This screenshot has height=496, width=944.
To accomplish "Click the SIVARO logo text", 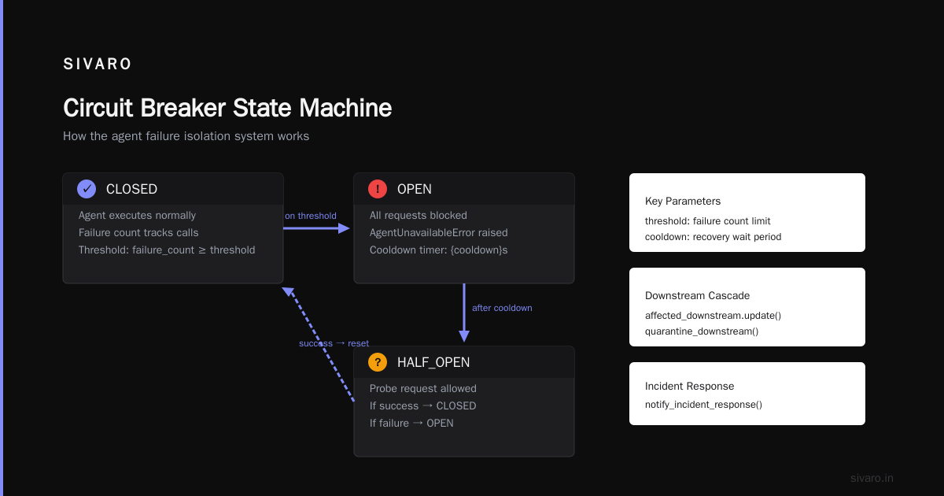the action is point(98,64).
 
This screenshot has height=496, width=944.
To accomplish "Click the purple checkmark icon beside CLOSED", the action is point(87,189).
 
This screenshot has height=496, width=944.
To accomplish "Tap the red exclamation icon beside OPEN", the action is point(378,189).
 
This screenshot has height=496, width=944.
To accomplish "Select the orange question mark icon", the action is point(378,362).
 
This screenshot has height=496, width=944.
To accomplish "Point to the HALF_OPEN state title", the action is point(433,362).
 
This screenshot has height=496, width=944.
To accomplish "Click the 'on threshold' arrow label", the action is point(311,216).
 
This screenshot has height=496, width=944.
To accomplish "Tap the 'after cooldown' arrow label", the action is point(502,308).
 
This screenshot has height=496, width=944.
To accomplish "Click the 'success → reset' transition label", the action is point(334,343).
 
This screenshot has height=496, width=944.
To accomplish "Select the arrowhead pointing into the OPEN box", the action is point(344,228).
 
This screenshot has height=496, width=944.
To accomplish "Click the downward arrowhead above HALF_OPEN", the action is point(464,336).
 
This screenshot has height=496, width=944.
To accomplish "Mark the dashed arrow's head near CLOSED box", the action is point(288,292).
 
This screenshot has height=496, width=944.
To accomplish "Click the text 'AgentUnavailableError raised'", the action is point(439,233).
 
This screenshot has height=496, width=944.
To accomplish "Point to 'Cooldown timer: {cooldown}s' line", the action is point(439,250).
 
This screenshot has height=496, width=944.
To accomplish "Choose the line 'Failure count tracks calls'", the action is point(138,233).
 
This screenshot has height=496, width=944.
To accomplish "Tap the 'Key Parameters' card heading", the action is point(683,202).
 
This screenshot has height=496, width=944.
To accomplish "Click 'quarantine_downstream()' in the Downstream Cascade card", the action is point(702,331).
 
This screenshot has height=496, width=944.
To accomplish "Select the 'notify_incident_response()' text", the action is point(703,405).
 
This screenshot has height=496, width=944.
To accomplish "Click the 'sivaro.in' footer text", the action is point(872,478).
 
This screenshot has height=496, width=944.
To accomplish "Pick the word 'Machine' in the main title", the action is point(345,108).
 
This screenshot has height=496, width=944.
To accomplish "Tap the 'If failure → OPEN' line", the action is point(411,423).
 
